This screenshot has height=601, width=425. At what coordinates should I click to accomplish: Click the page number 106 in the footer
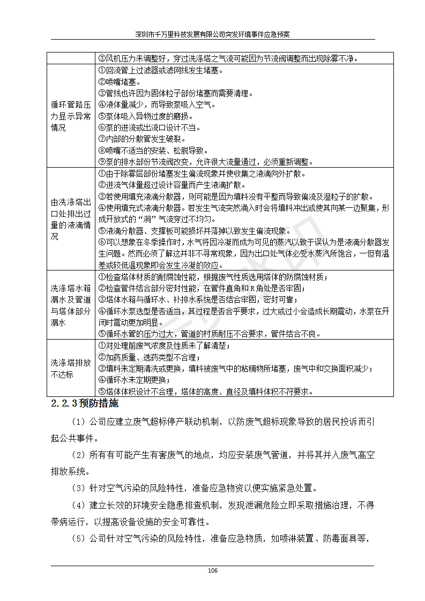click(x=212, y=570)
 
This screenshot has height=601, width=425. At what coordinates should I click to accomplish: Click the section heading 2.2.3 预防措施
click(x=84, y=403)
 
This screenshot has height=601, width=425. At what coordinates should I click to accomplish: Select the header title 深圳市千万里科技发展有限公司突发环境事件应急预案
click(x=212, y=34)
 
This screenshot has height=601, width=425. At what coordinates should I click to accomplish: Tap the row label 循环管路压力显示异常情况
click(x=71, y=116)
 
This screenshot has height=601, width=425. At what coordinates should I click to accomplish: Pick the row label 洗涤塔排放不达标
click(x=71, y=369)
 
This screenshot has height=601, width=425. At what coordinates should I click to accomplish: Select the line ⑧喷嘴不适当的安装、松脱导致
click(x=153, y=151)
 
